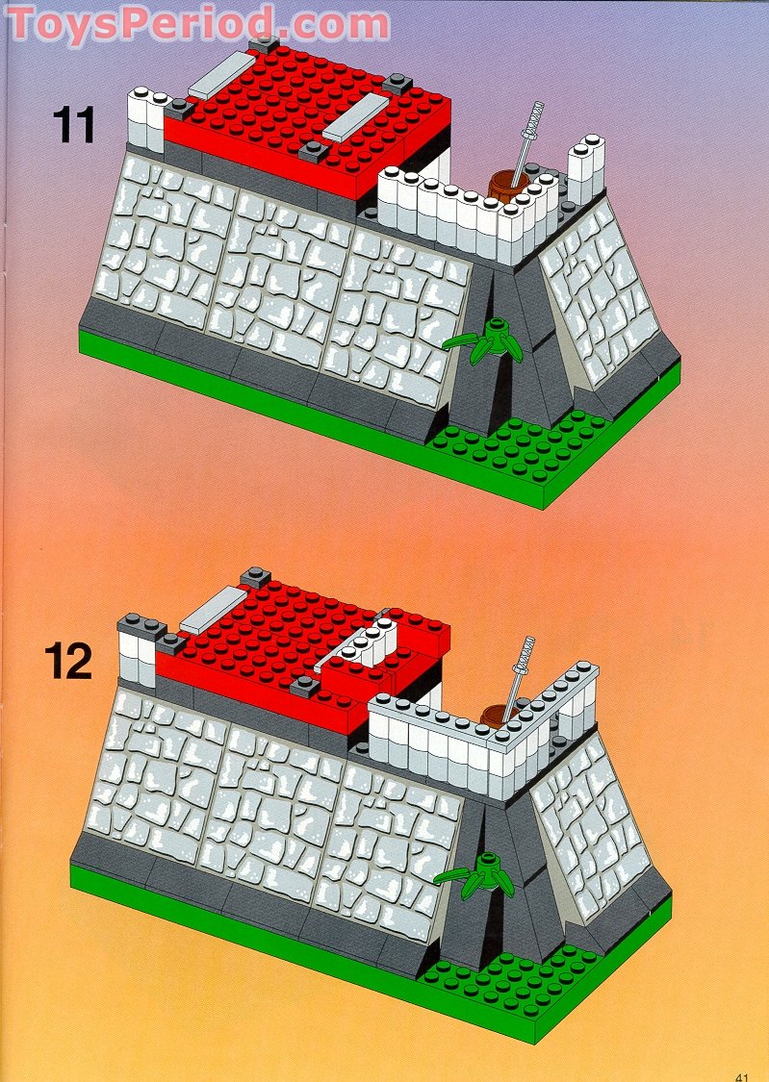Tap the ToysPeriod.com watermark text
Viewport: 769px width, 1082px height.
point(197,23)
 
